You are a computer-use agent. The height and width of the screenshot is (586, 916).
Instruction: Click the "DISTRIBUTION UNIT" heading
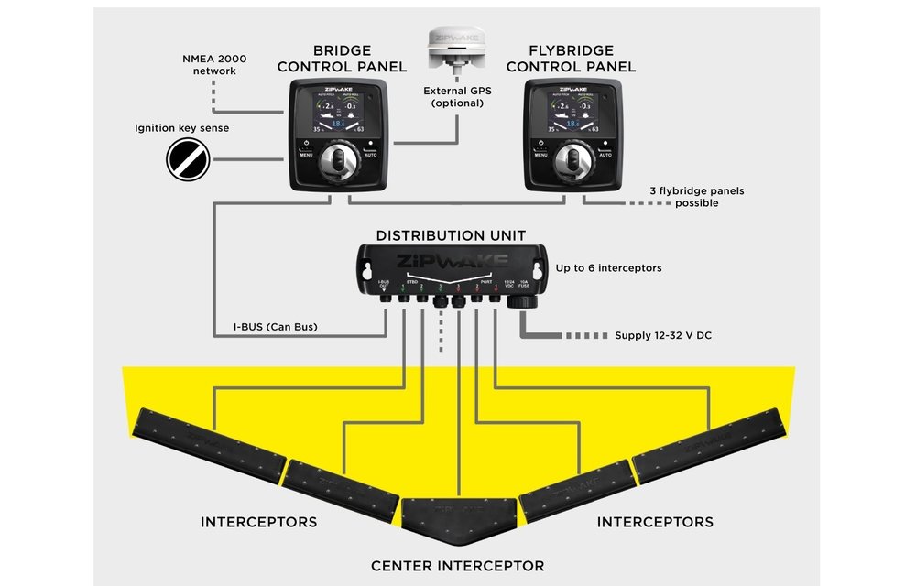pos(451,235)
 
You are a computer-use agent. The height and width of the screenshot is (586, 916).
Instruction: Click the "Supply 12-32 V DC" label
pos(662,336)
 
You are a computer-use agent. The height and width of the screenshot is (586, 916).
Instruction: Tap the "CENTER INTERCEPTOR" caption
pos(458,566)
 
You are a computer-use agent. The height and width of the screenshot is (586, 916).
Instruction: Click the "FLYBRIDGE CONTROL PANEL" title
pos(571,59)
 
